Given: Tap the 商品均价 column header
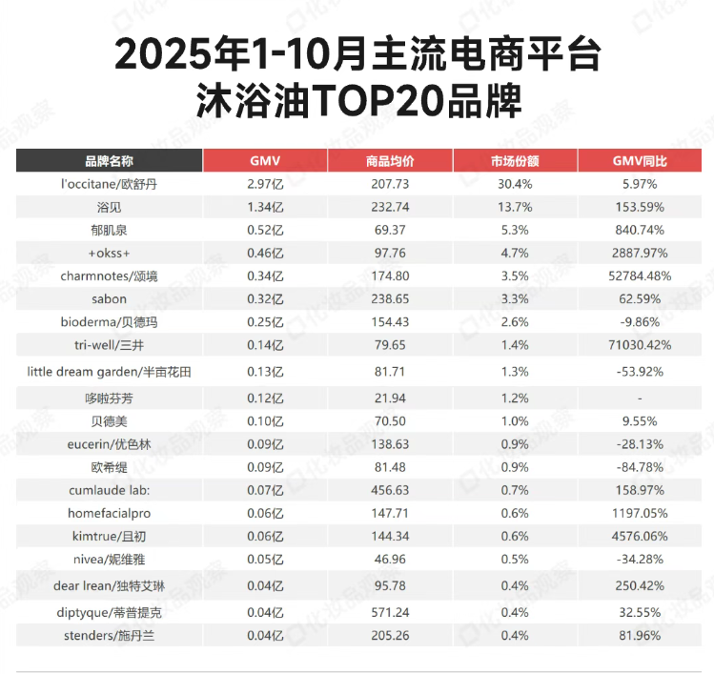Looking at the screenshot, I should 389,160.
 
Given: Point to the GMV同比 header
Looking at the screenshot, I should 640,160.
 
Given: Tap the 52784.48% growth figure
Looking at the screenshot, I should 640,276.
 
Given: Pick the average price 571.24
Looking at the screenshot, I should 389,612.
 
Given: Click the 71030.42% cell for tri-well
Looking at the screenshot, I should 640,344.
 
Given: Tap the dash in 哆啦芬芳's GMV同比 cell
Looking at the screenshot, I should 640,397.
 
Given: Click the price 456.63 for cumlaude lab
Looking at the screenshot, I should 389,489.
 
